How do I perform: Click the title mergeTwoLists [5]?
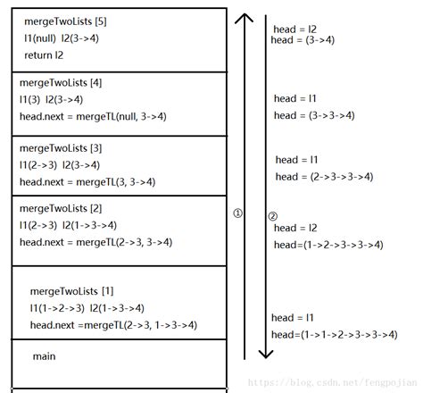click(x=65, y=21)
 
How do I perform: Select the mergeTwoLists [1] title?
click(x=70, y=291)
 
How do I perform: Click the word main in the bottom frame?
click(x=45, y=356)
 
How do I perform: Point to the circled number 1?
click(x=237, y=213)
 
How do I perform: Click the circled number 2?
click(x=273, y=216)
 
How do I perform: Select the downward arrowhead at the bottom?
click(x=265, y=355)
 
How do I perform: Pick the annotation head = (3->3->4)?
click(x=314, y=115)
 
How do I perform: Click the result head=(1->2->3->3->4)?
click(x=328, y=245)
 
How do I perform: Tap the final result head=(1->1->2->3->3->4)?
click(x=334, y=334)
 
